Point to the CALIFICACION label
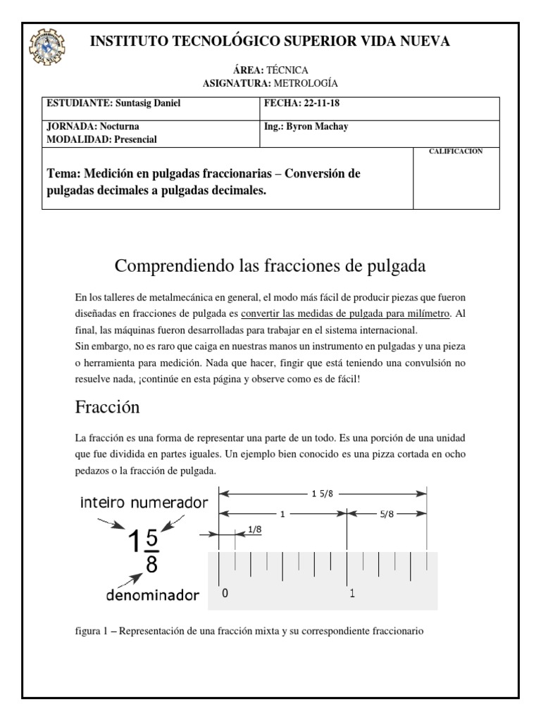(456, 151)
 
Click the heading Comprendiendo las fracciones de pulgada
(270, 266)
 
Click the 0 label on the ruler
(225, 594)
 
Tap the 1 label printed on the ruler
(352, 594)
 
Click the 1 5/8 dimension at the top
(323, 493)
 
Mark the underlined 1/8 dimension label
(255, 529)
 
